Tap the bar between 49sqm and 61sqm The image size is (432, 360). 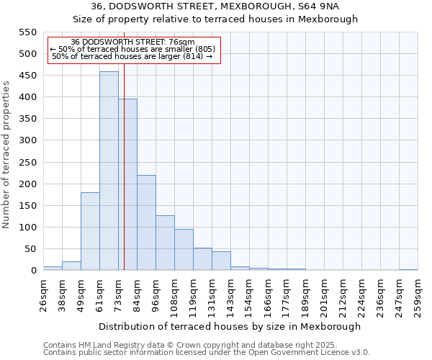point(90,231)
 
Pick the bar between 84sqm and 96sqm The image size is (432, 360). point(146,222)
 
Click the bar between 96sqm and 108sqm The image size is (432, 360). point(165,243)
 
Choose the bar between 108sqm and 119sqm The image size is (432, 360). point(184,250)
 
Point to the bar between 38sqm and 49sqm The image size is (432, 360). point(71,266)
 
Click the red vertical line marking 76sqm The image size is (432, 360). point(124,144)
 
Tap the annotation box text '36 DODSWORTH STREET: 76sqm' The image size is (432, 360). point(133,42)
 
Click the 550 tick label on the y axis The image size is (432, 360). point(27,32)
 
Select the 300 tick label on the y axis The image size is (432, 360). point(27,140)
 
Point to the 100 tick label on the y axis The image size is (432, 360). point(27,228)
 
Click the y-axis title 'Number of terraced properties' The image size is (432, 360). point(6,155)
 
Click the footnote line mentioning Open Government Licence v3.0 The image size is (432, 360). point(207,353)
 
